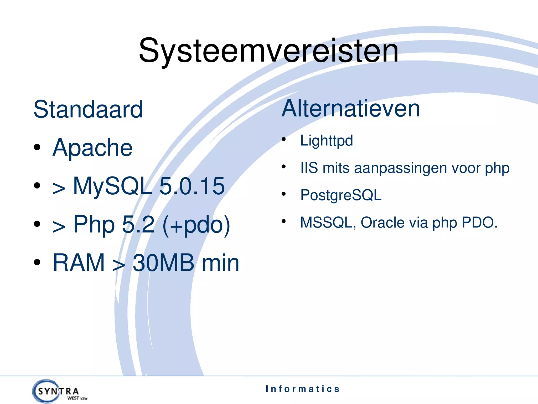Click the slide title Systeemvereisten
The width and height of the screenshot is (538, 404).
point(268,50)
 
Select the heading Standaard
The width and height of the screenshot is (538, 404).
point(88,109)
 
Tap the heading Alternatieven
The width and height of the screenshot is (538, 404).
point(351,108)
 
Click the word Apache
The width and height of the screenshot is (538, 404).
point(92,148)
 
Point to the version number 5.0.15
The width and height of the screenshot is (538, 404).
point(192,186)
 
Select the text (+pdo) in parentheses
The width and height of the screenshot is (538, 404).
point(196,224)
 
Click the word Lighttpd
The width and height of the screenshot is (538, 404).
point(327,140)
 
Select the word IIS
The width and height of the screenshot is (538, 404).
point(309,168)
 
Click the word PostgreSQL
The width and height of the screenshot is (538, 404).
point(341,195)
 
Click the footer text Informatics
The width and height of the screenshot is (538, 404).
point(303,389)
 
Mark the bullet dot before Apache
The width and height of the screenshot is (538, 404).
point(37,147)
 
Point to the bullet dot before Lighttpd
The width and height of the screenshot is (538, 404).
point(283,139)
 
